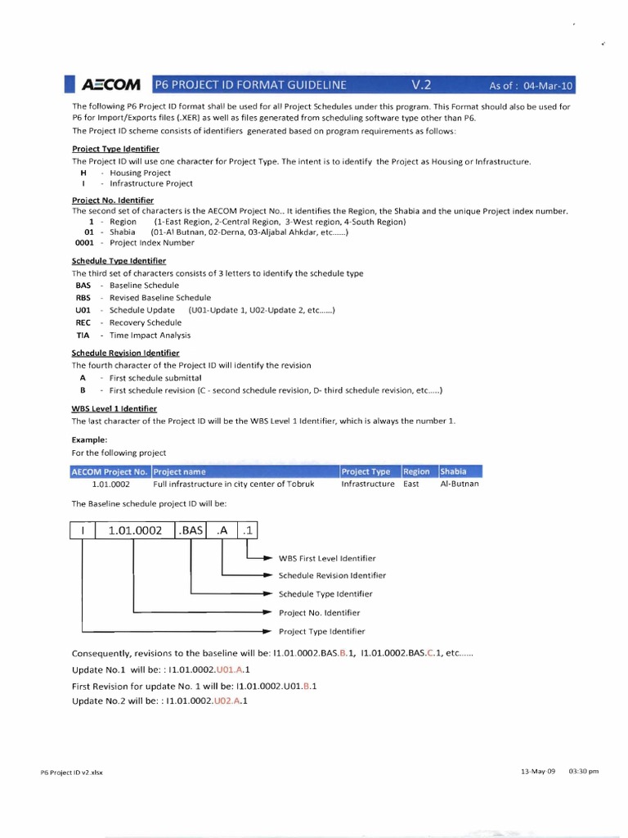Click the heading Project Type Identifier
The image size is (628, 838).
(115, 149)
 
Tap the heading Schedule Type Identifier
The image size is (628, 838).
(119, 260)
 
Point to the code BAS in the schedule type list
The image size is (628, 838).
(83, 286)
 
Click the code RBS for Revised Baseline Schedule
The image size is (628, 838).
(83, 298)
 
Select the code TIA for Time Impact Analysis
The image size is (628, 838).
(83, 336)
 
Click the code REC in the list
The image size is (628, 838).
(83, 322)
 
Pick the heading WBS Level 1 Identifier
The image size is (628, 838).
(114, 408)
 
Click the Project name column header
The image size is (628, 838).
(180, 471)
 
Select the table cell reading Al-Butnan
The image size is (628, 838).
(460, 484)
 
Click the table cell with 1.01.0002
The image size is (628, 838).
(111, 484)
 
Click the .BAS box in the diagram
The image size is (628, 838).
(191, 531)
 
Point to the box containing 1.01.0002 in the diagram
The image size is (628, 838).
(135, 531)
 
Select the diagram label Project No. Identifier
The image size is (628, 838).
(319, 612)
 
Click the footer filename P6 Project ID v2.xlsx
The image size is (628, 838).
(72, 772)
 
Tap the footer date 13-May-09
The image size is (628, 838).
(537, 771)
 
